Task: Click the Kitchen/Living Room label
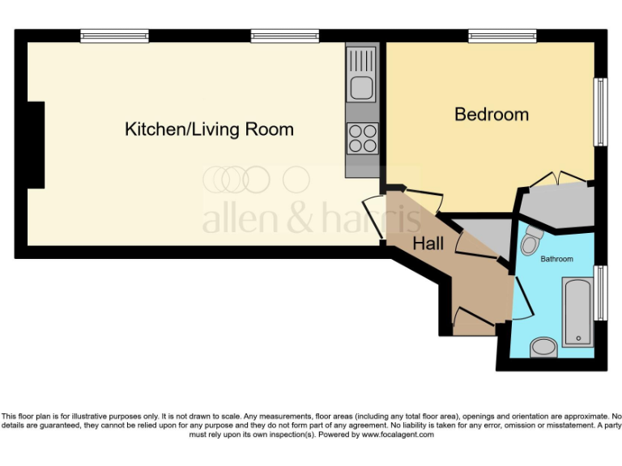pyautogui.click(x=209, y=129)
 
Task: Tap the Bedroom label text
pyautogui.click(x=491, y=114)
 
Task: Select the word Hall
pyautogui.click(x=428, y=243)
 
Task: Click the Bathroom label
pyautogui.click(x=557, y=259)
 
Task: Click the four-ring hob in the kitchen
pyautogui.click(x=361, y=138)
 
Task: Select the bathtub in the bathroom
pyautogui.click(x=577, y=311)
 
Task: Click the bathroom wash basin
pyautogui.click(x=543, y=348)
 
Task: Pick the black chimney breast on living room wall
pyautogui.click(x=36, y=146)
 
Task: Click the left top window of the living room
pyautogui.click(x=114, y=36)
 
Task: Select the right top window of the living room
pyautogui.click(x=284, y=36)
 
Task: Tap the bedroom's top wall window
pyautogui.click(x=501, y=36)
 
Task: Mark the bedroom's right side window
pyautogui.click(x=600, y=112)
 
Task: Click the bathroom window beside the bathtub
pyautogui.click(x=600, y=291)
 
